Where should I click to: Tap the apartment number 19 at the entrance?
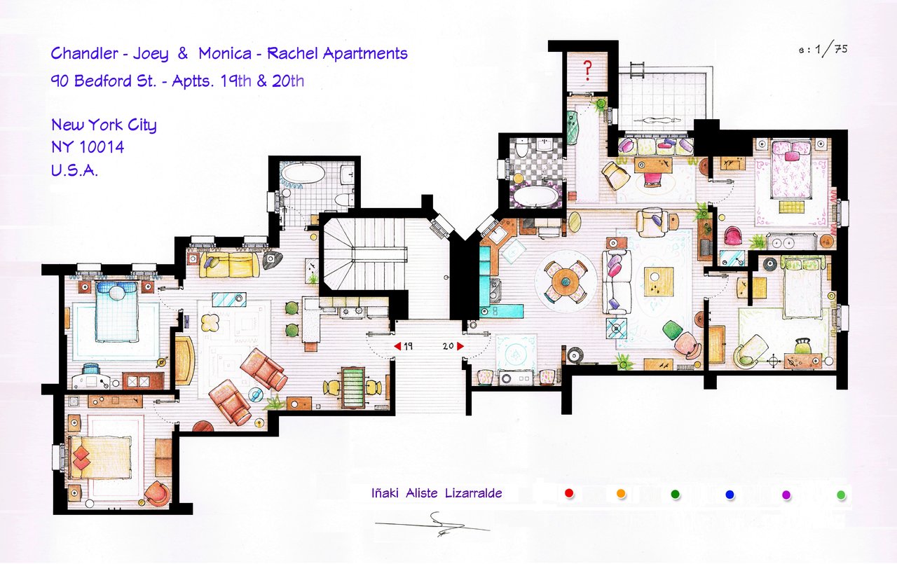pyautogui.click(x=408, y=346)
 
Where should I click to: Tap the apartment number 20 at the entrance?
pyautogui.click(x=449, y=346)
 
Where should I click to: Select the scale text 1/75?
pyautogui.click(x=832, y=50)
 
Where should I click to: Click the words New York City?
pyautogui.click(x=104, y=125)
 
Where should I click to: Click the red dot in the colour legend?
pyautogui.click(x=569, y=493)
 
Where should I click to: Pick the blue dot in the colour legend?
pyautogui.click(x=730, y=495)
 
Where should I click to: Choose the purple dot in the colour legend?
pyautogui.click(x=786, y=495)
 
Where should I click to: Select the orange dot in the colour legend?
pyautogui.click(x=621, y=494)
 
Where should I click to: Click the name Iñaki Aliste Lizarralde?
pyautogui.click(x=437, y=493)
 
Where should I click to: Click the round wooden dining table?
pyautogui.click(x=566, y=282)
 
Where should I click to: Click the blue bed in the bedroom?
pyautogui.click(x=116, y=311)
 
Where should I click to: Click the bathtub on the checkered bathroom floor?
pyautogui.click(x=537, y=196)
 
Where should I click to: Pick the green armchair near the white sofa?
pyautogui.click(x=671, y=331)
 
